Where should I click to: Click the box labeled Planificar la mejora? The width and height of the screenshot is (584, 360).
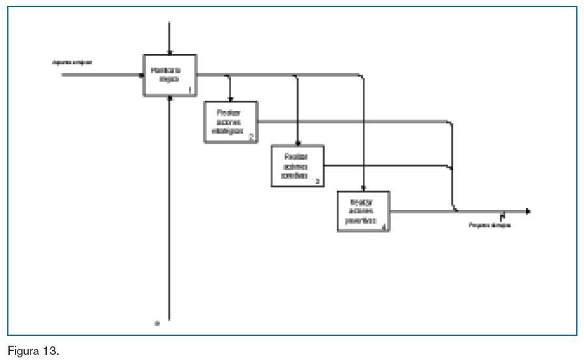[x=169, y=75]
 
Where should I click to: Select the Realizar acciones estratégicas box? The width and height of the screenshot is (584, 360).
[x=230, y=122]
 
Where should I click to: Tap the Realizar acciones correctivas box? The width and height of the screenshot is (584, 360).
[x=297, y=166]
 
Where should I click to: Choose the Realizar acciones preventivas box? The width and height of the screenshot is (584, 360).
[x=363, y=211]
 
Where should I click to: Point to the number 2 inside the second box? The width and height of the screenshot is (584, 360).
[x=251, y=137]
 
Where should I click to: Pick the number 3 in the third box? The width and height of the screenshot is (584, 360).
[x=317, y=181]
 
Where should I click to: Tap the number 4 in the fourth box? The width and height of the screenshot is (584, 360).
[x=384, y=226]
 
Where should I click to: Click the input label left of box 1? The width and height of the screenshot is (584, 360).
[x=72, y=62]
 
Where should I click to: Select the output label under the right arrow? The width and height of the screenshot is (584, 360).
[x=490, y=225]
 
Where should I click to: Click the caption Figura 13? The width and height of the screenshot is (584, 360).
[x=33, y=352]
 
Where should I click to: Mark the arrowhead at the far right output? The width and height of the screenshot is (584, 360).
[x=528, y=211]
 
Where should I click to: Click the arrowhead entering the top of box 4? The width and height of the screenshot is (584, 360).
[x=363, y=188]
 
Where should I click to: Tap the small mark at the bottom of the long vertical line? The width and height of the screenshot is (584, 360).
[x=156, y=322]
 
